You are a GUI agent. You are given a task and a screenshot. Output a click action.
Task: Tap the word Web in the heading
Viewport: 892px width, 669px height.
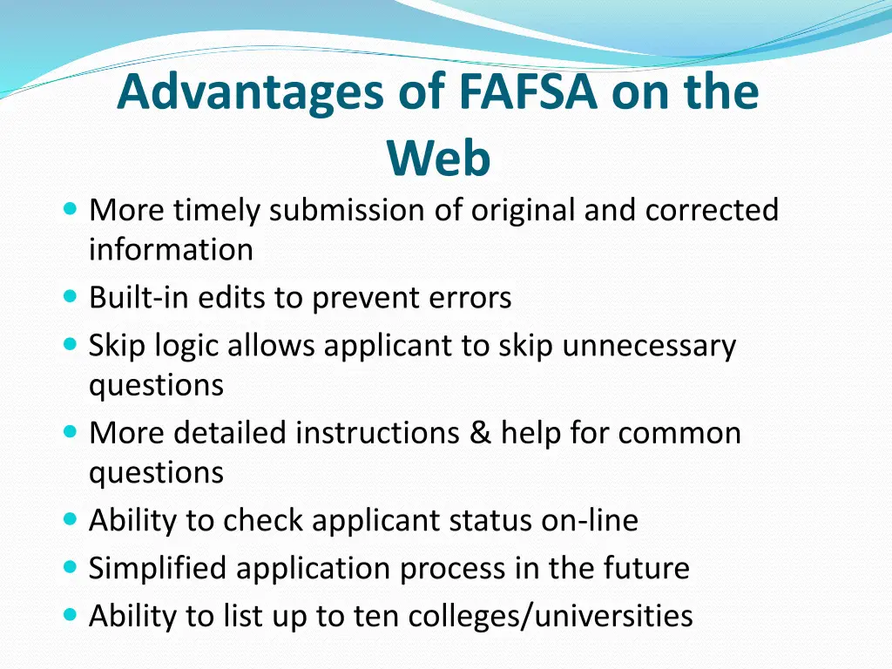click(x=439, y=159)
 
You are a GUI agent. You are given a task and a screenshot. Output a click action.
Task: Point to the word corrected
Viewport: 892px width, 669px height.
click(x=712, y=211)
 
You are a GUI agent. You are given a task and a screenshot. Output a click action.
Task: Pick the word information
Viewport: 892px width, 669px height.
click(x=171, y=250)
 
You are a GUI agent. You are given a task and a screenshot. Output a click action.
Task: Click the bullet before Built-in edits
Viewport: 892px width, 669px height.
click(x=71, y=296)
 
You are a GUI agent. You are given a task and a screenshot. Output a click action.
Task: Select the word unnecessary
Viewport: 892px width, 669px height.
click(x=649, y=346)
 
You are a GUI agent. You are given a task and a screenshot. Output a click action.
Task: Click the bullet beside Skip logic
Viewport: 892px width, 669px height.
click(x=71, y=344)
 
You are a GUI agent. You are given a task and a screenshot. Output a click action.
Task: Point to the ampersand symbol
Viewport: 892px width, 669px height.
click(x=480, y=433)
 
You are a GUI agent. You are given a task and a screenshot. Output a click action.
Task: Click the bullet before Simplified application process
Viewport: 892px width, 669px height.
click(x=71, y=566)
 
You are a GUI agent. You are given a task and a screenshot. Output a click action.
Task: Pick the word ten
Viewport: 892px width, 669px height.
click(x=374, y=616)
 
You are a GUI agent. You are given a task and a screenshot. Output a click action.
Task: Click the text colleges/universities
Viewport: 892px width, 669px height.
click(x=550, y=616)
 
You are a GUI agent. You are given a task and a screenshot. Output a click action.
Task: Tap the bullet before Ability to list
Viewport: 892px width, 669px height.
click(x=71, y=614)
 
